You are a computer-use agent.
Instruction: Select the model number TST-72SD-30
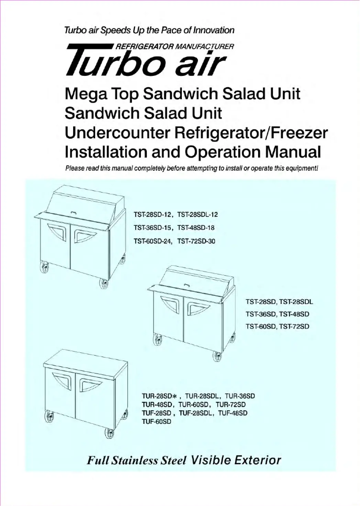tap(197, 241)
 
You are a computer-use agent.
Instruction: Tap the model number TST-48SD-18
tap(197, 228)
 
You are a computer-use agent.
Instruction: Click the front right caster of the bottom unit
tap(109, 432)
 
